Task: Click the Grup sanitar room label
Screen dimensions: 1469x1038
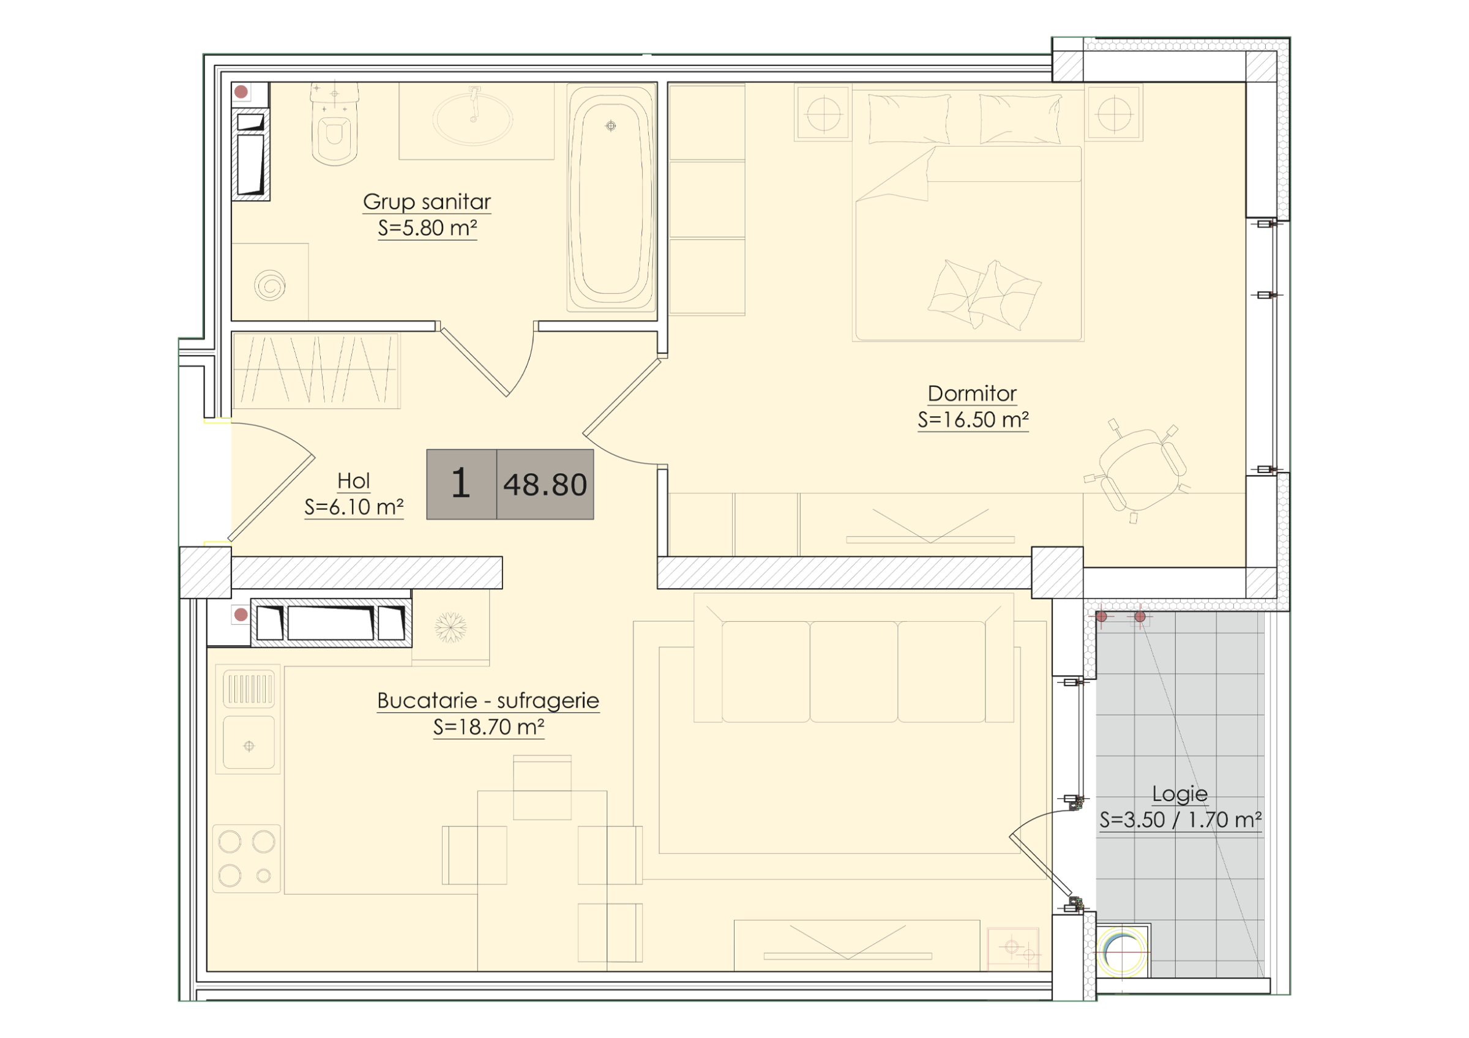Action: point(427,202)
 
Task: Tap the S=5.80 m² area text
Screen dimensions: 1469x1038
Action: point(427,228)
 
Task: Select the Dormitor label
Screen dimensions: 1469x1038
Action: point(972,394)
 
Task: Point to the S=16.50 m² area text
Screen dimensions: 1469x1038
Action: point(973,420)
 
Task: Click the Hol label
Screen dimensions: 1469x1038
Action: point(354,481)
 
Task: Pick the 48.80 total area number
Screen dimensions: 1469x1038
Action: point(545,485)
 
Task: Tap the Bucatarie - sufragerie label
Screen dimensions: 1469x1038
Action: point(488,700)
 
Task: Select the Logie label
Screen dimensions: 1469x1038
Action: point(1180,794)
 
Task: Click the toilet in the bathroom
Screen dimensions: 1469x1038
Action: point(334,124)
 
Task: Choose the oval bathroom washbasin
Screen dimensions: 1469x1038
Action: point(473,118)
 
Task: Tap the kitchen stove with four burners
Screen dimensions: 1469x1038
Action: point(247,858)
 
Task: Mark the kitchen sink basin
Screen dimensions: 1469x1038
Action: point(249,742)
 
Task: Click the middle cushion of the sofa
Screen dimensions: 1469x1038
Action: point(853,671)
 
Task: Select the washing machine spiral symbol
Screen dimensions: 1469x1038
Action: point(269,285)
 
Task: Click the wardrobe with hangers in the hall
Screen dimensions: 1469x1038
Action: point(316,370)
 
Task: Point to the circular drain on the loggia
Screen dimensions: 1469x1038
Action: point(1123,951)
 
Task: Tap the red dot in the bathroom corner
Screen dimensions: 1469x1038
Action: point(241,92)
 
